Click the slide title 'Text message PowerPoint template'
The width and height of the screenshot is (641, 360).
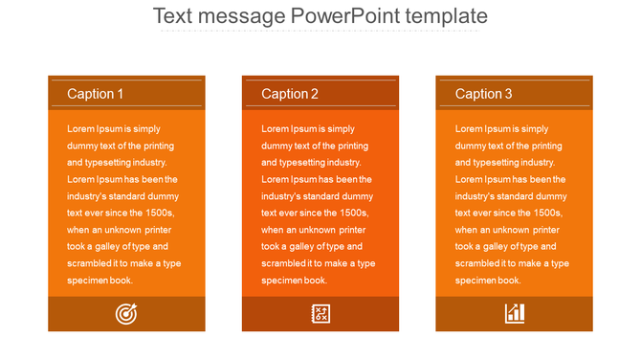click(x=320, y=16)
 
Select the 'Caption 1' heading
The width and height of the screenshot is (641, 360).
click(x=95, y=94)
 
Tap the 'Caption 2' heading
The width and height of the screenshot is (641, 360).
click(x=290, y=94)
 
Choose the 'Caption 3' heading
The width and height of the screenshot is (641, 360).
click(x=483, y=94)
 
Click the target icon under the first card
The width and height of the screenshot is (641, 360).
click(x=125, y=313)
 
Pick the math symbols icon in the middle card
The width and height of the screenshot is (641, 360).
click(x=320, y=313)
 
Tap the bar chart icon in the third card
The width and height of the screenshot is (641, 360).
click(x=514, y=313)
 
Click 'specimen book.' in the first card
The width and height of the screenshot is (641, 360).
click(x=99, y=281)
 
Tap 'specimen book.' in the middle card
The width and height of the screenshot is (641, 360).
click(x=294, y=281)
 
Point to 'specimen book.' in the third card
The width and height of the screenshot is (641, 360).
click(x=488, y=281)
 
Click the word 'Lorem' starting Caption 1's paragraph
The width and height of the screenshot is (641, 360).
click(x=80, y=128)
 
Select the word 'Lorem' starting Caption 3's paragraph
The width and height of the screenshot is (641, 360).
click(x=469, y=128)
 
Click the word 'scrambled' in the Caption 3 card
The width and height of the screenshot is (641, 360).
click(x=476, y=263)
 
